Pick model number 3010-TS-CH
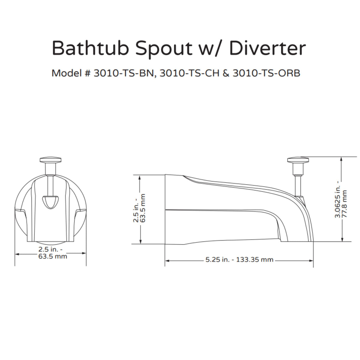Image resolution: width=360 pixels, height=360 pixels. point(190,73)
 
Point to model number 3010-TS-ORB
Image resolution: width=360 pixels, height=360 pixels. point(266,73)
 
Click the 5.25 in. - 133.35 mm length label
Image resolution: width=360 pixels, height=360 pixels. point(239,259)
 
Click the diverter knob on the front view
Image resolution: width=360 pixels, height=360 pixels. point(51,160)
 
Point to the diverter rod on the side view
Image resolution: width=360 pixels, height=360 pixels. point(297,186)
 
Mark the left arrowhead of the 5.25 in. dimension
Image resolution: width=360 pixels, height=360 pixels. point(167,260)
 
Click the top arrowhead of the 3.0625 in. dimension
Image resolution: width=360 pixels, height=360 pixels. point(341,159)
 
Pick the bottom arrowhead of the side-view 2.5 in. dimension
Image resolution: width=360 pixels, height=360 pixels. point(139,241)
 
